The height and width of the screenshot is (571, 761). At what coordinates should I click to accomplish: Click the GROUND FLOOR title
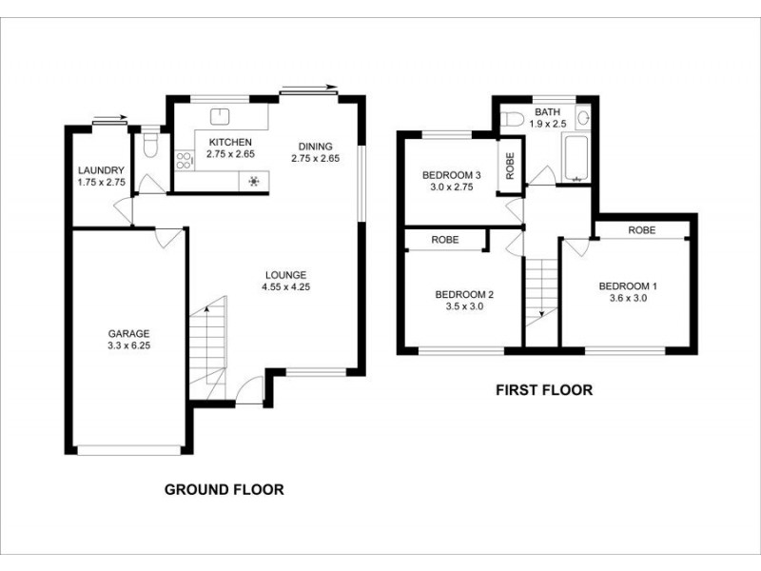224,490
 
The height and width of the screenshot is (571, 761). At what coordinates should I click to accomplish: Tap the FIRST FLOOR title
544,389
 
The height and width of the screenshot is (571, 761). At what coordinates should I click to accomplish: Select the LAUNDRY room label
101,171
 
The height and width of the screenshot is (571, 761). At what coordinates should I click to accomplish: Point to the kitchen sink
221,117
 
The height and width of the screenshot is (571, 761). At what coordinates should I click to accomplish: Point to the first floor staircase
540,290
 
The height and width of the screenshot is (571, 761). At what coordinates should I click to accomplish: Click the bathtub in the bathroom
577,159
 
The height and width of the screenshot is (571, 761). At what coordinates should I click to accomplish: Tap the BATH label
548,111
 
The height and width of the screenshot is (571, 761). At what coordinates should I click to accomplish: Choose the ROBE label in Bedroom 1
642,230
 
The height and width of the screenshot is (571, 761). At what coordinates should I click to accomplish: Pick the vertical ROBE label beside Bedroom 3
510,167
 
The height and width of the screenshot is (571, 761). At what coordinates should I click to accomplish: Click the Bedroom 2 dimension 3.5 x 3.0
463,306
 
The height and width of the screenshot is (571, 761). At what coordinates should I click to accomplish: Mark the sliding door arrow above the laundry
111,120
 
